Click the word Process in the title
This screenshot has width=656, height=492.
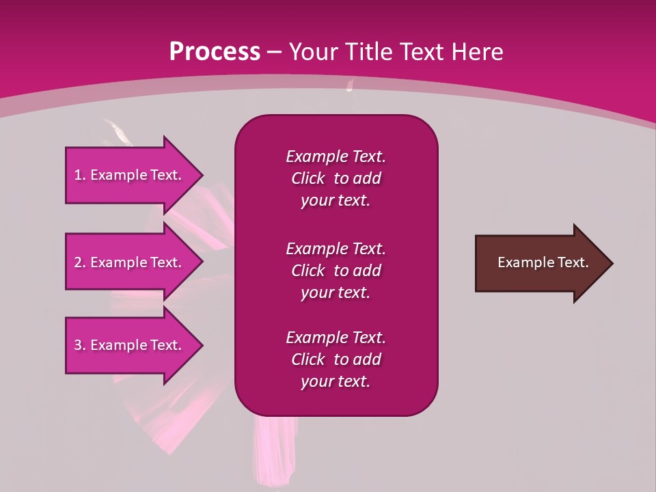[x=215, y=52]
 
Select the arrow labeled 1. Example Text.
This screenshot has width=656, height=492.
[x=130, y=175]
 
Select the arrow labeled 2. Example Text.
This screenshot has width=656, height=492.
[x=130, y=262]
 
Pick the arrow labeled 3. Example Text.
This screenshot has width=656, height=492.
[x=130, y=345]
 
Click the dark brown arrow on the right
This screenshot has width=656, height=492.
[x=540, y=263]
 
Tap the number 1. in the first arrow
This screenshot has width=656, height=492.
[x=80, y=175]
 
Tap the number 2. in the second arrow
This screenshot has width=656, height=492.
[x=80, y=262]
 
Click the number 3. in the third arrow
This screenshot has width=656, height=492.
[x=80, y=345]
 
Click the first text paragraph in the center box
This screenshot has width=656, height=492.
[x=336, y=178]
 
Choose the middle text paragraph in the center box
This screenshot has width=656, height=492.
[x=336, y=270]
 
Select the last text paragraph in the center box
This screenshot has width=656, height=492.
[x=336, y=359]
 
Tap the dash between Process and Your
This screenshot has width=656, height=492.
[x=275, y=52]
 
